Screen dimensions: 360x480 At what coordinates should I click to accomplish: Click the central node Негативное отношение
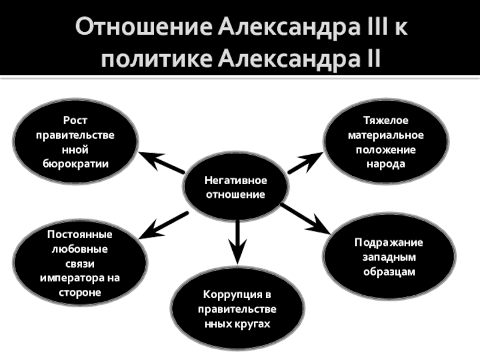coord(235,188)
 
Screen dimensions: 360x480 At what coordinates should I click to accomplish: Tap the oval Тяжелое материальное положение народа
coord(386,142)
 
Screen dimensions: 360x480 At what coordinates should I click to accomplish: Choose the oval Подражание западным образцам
coord(388,257)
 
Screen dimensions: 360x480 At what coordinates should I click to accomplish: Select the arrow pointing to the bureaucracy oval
coord(162,163)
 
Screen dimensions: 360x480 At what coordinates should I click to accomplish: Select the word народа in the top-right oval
coord(386,163)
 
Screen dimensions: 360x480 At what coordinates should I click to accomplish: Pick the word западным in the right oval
coord(388,257)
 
